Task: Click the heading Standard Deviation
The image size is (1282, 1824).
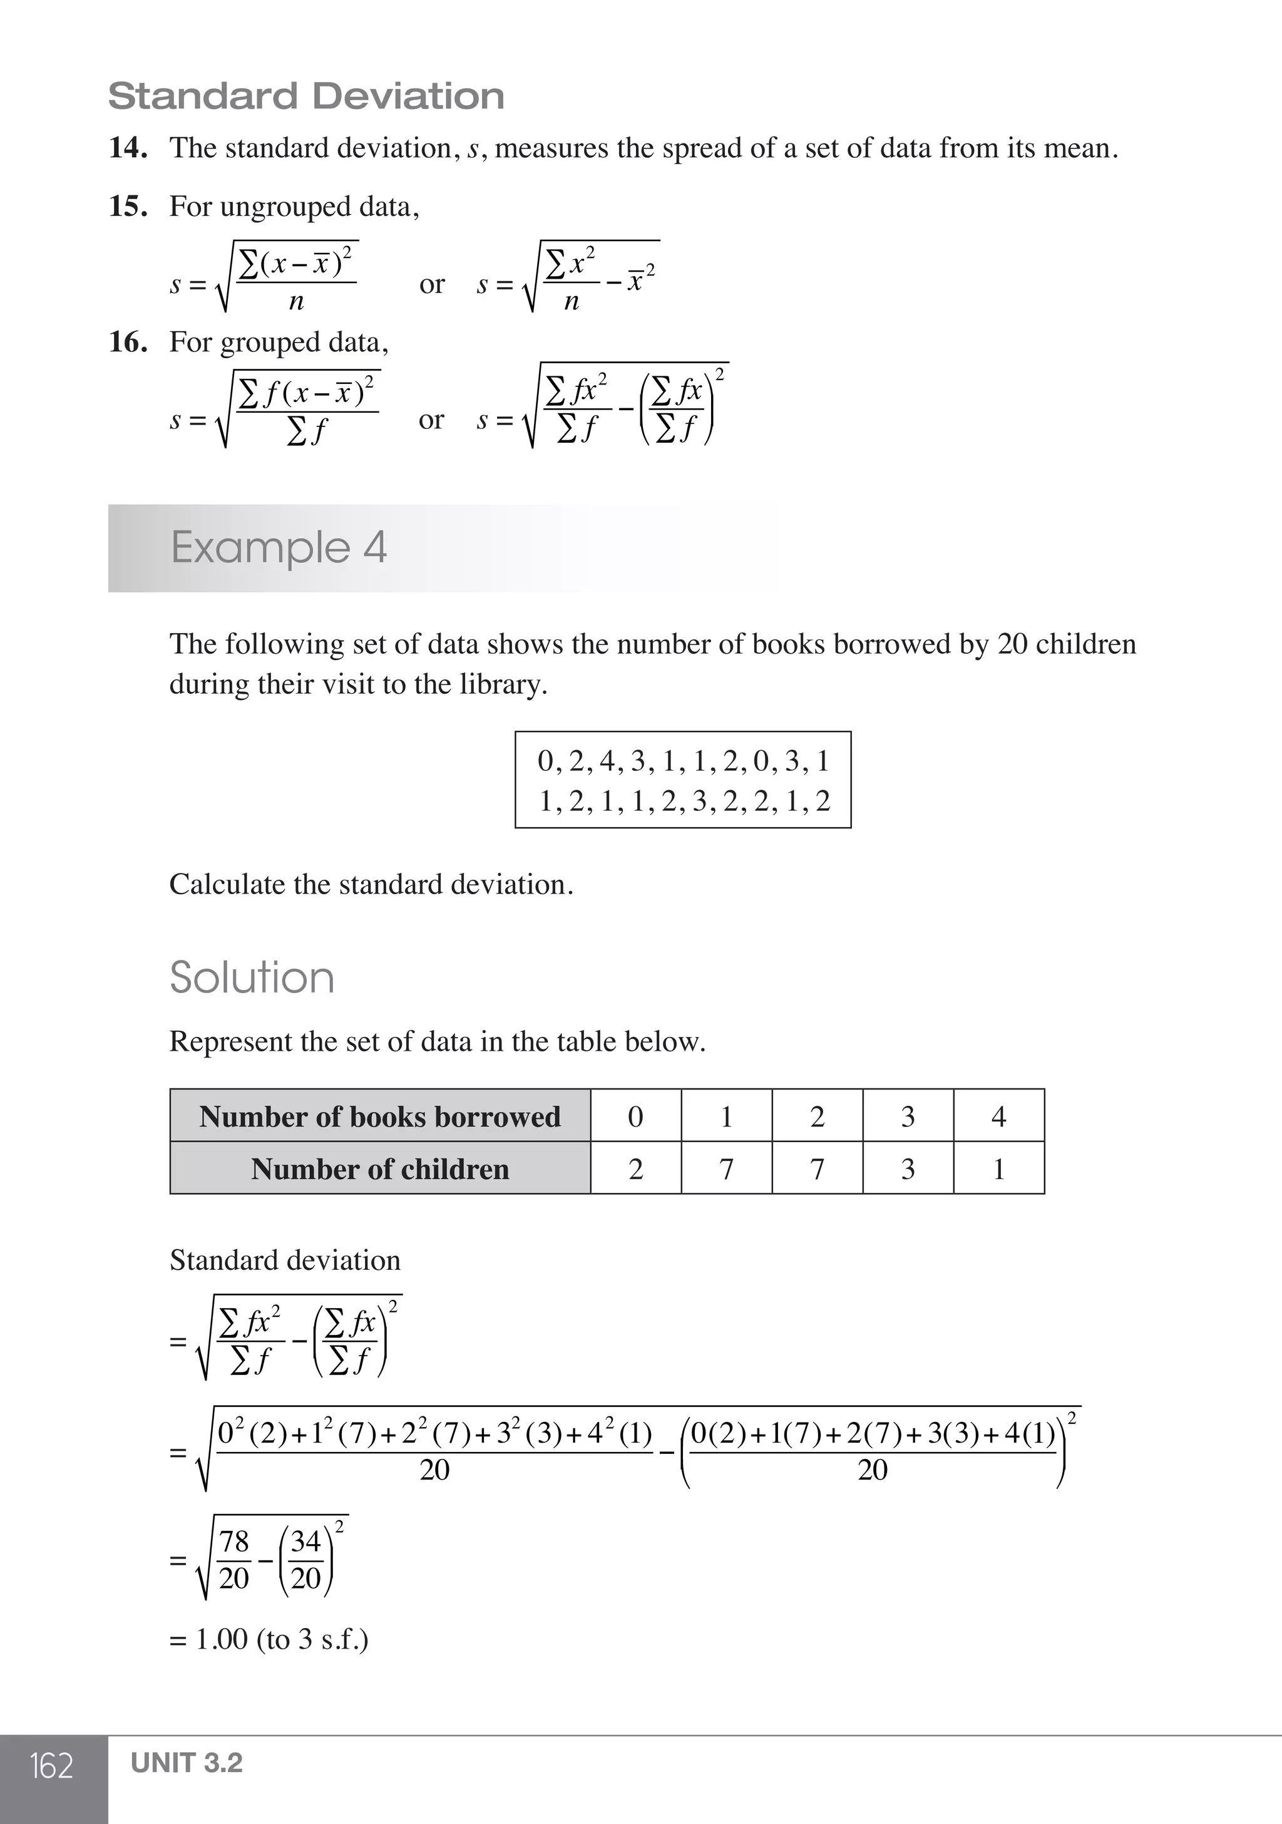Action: [306, 96]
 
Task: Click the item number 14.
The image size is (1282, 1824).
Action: [127, 148]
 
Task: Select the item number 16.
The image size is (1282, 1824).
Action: [127, 343]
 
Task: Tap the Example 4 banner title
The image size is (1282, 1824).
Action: [279, 547]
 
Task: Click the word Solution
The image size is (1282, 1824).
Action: [252, 977]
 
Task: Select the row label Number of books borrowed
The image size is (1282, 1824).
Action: [380, 1116]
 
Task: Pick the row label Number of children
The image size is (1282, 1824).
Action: [380, 1168]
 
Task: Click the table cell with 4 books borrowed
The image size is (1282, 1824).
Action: [998, 1116]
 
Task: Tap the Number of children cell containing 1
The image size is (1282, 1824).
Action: [998, 1168]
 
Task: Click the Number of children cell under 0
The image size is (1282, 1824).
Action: [635, 1168]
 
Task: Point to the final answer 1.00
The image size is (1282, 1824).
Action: [222, 1639]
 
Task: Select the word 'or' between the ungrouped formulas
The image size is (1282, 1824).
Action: [431, 284]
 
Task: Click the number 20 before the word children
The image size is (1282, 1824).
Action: [1012, 644]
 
